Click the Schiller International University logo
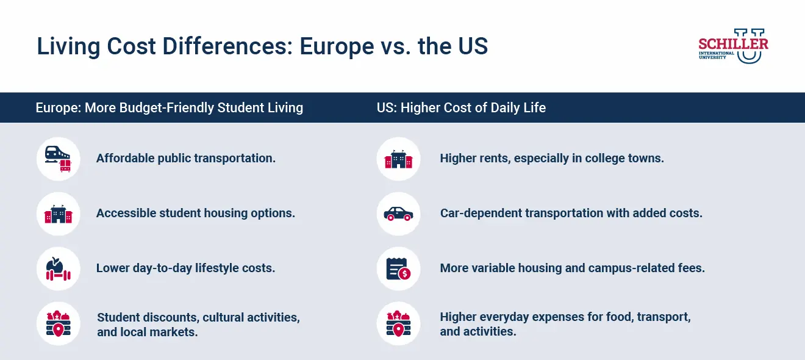pos(733,46)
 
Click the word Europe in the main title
pos(334,46)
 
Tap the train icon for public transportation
pos(58,159)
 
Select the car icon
pos(398,214)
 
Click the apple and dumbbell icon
pos(58,268)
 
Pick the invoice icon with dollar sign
pos(398,268)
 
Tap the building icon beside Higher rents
pos(398,159)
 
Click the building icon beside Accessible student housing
pos(58,214)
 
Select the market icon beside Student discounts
pos(58,324)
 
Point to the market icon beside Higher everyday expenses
pos(398,324)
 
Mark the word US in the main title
pos(471,46)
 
